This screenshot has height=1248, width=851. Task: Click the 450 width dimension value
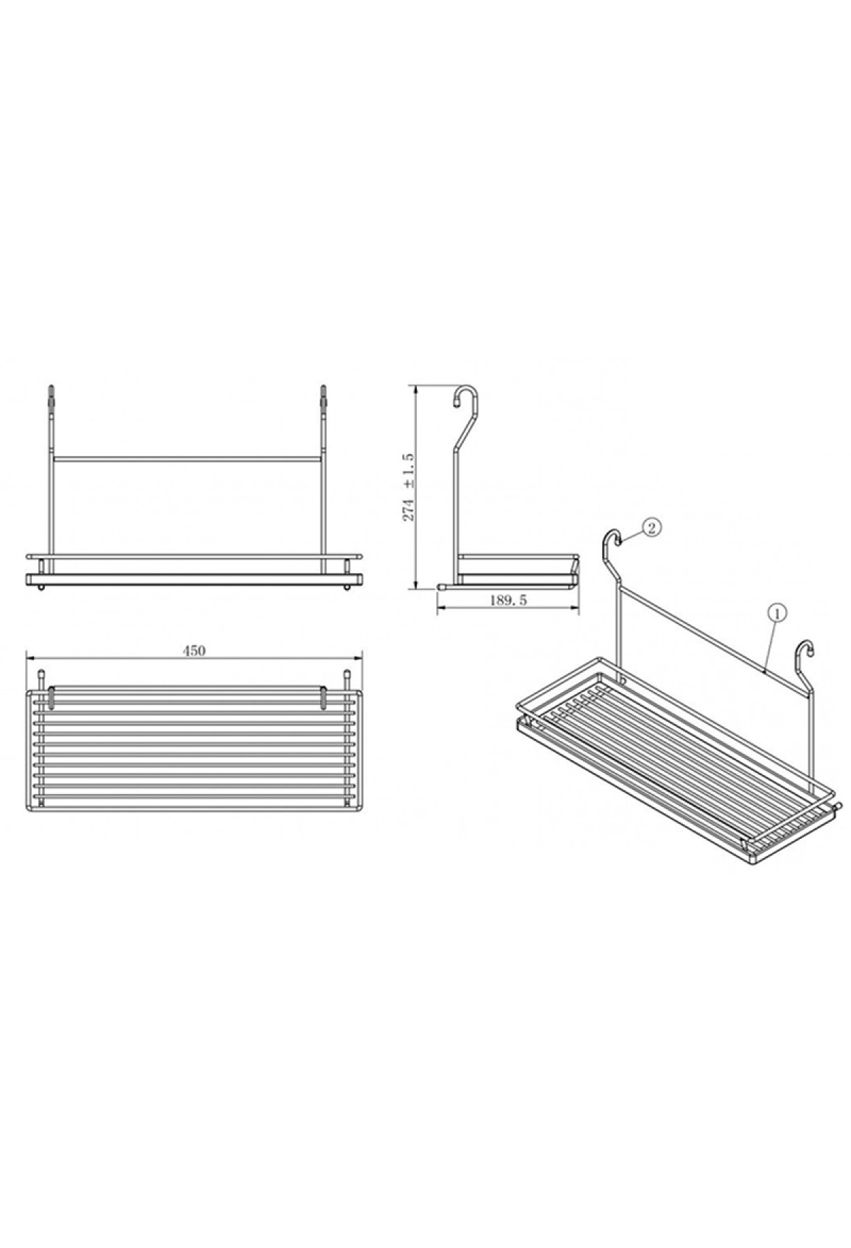pyautogui.click(x=194, y=650)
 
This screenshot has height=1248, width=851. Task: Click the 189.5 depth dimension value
pyautogui.click(x=508, y=600)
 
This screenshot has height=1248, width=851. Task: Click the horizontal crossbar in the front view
pyautogui.click(x=187, y=458)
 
